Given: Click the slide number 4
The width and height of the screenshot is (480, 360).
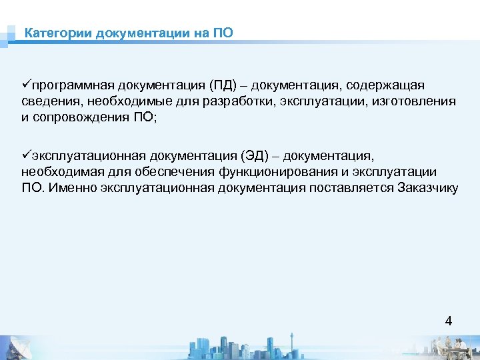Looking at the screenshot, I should click(448, 321).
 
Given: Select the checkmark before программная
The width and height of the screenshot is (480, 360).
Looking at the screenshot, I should click(25, 85).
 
